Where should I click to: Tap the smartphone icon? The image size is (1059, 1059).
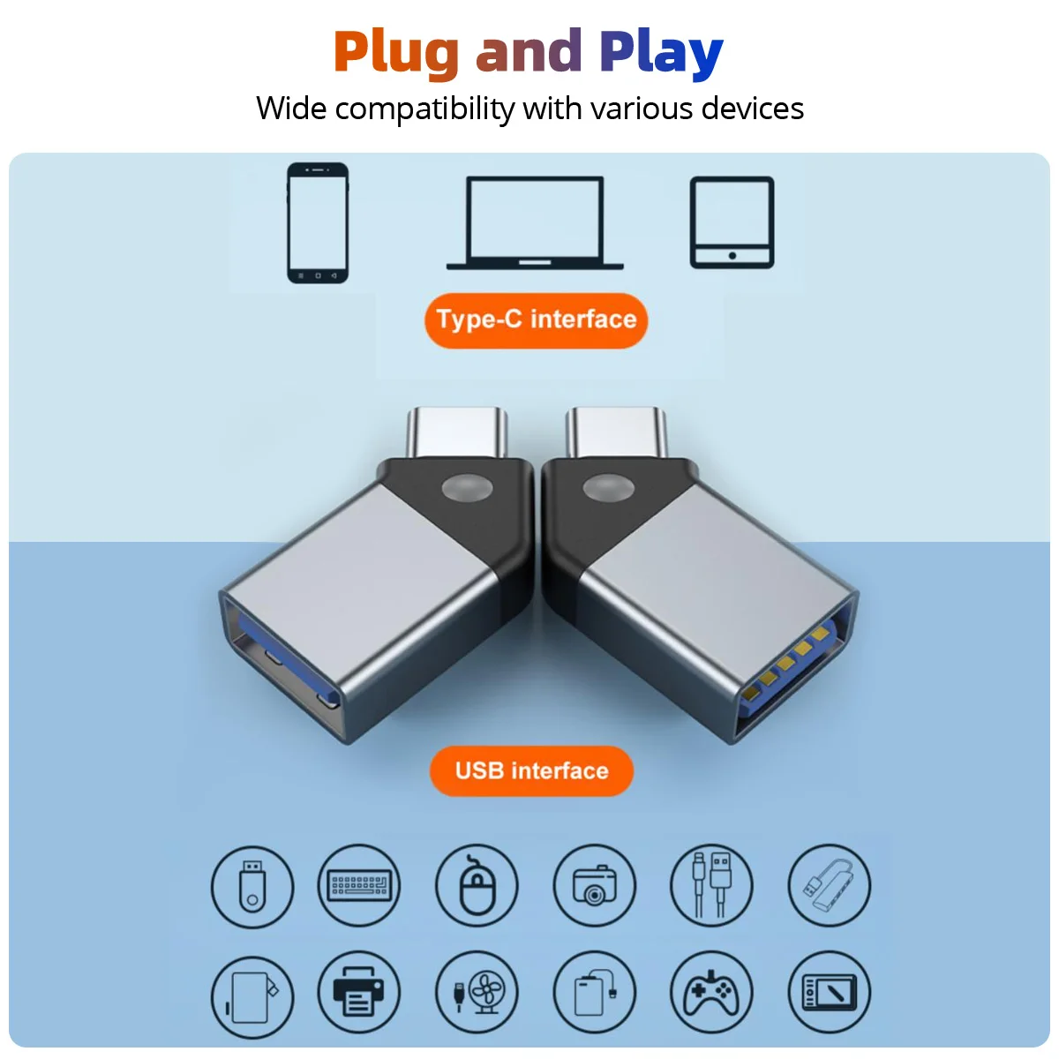(x=318, y=222)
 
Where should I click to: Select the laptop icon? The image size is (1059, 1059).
(x=535, y=222)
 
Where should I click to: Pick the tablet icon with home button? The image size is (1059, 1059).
(x=732, y=222)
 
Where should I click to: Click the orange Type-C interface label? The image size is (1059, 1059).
(x=536, y=319)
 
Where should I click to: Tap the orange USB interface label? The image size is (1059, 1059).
(x=531, y=770)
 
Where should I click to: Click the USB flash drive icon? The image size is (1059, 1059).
(x=252, y=886)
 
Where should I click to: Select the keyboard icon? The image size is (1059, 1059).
(x=359, y=885)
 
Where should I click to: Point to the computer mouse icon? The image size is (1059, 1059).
(x=477, y=885)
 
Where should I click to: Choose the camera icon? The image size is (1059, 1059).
(x=594, y=885)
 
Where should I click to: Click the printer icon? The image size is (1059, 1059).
(x=359, y=992)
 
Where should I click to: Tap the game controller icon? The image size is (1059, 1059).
(x=711, y=992)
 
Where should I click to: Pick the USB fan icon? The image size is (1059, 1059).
(x=477, y=992)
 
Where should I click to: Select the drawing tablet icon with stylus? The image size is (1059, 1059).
(x=830, y=992)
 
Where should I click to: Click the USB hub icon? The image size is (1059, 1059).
(x=830, y=885)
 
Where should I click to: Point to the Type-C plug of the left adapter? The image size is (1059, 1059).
(x=456, y=432)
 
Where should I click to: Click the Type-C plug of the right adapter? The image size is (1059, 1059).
(x=616, y=432)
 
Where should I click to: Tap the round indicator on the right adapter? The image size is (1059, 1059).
(x=608, y=488)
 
